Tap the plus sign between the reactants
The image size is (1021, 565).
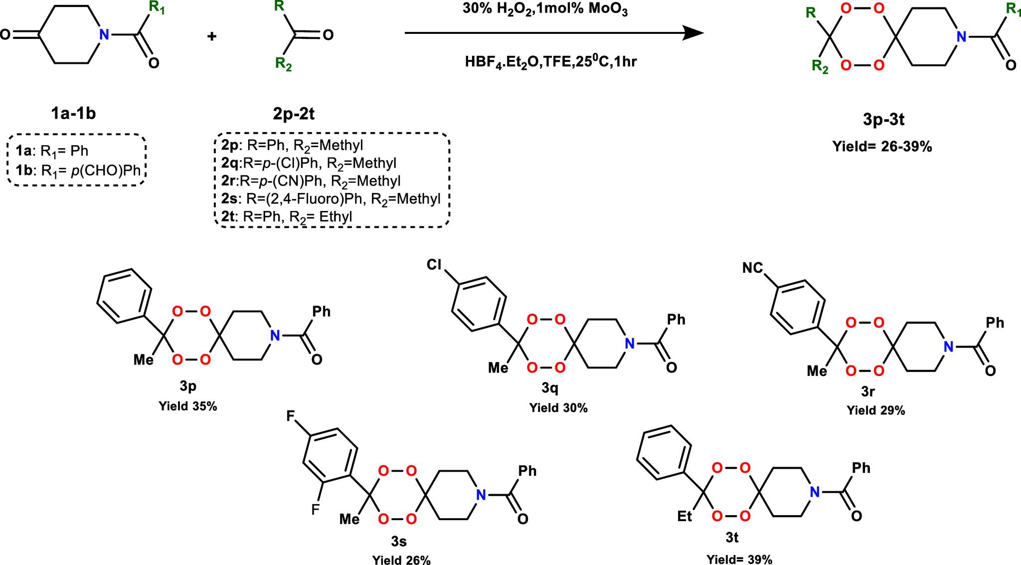[x=212, y=36]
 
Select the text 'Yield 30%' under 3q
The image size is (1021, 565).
[x=558, y=408]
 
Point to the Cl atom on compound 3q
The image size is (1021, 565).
[x=434, y=265]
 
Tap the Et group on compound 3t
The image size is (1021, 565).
[x=684, y=516]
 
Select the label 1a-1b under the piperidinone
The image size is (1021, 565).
[x=73, y=114]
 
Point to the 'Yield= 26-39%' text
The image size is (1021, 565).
[x=882, y=147]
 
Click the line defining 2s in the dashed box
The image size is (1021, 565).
[x=331, y=199]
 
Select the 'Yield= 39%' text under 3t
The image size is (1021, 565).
[x=739, y=560]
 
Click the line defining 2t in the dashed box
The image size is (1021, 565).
[x=287, y=216]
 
